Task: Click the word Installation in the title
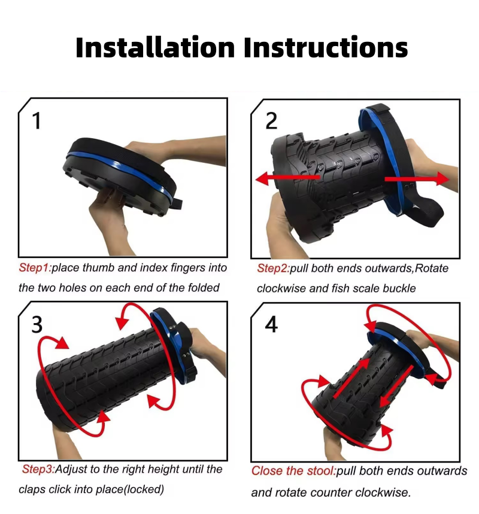[155, 47]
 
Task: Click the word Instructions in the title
[326, 47]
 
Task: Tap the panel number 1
[37, 121]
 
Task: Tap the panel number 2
[271, 121]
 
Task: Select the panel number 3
[37, 324]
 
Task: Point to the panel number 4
[271, 324]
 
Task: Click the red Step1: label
[35, 268]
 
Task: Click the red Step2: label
[273, 269]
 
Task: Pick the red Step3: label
[38, 469]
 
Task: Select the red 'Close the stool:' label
[293, 471]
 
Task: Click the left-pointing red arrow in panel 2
[287, 178]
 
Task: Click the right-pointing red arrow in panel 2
[417, 179]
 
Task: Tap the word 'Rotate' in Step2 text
[432, 269]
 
